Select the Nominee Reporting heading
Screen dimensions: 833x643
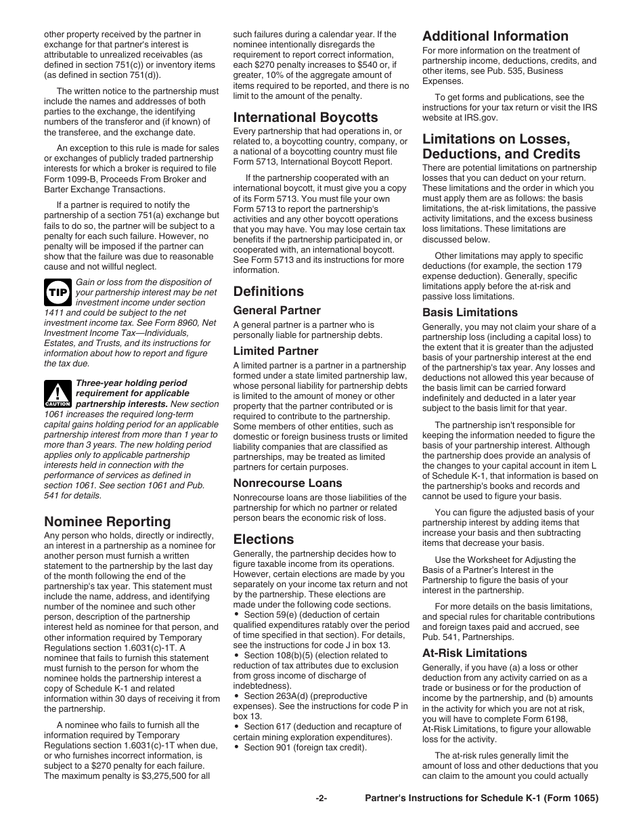tap(108, 521)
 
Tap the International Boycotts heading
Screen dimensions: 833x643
tap(305, 117)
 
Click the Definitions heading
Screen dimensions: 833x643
tap(269, 291)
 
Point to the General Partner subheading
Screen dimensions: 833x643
tap(277, 310)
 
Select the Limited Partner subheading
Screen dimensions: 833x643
tap(275, 351)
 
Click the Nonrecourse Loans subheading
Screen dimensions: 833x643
tap(288, 483)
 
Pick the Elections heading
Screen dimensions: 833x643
tap(263, 539)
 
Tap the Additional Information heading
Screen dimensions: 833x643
tap(495, 36)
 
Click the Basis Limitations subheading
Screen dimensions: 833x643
tap(470, 312)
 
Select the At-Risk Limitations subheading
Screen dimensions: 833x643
tap(474, 653)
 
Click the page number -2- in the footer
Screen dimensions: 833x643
tap(321, 798)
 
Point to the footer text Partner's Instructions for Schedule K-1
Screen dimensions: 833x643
tap(481, 798)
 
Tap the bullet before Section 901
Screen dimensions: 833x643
tap(237, 747)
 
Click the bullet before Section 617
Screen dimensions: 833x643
tap(237, 727)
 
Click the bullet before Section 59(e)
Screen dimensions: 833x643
tap(237, 615)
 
